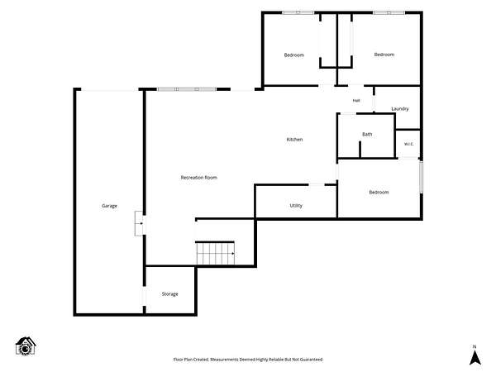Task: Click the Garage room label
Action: [109, 206]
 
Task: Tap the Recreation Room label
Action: [199, 178]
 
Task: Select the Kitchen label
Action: [294, 140]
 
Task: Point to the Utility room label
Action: [296, 206]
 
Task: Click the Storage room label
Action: [169, 294]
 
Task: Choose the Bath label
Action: [367, 134]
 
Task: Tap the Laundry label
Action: [400, 109]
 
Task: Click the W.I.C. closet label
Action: [408, 144]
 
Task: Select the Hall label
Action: [356, 101]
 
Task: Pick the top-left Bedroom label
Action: [293, 55]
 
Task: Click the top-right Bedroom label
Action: [384, 55]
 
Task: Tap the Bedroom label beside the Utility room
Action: [379, 193]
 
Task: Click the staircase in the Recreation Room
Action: [216, 253]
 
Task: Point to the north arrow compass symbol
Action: [475, 355]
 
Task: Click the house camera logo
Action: [26, 346]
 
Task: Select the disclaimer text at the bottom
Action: [248, 360]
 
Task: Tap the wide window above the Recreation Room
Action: [187, 89]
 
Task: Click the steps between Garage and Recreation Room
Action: [139, 223]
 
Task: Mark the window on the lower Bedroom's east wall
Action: [421, 177]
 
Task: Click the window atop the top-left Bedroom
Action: [298, 12]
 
